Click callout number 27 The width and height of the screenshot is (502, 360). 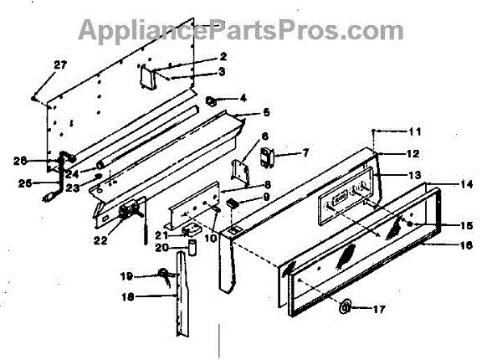click(x=59, y=65)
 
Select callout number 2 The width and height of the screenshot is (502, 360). click(x=223, y=57)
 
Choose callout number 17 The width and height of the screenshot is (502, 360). click(x=378, y=309)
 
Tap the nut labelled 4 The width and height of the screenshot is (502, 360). click(x=212, y=101)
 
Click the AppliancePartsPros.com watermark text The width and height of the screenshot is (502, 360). click(x=241, y=30)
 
